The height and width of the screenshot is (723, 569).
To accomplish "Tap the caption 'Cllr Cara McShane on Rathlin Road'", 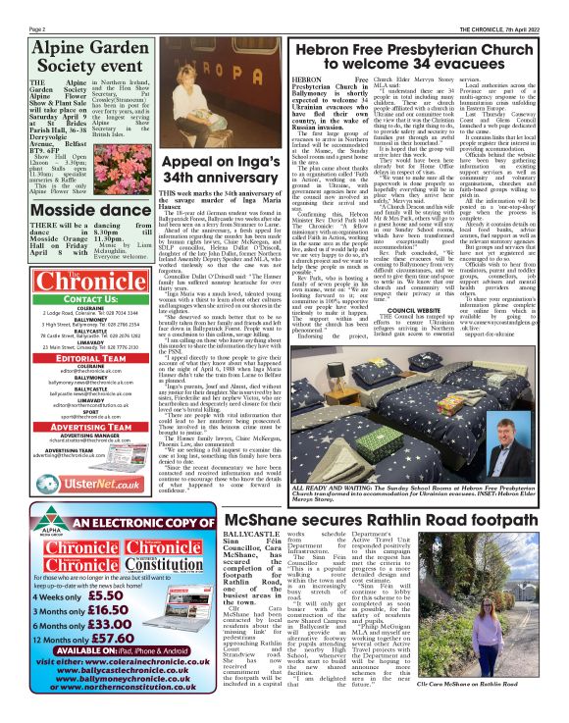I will pos(514,711).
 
